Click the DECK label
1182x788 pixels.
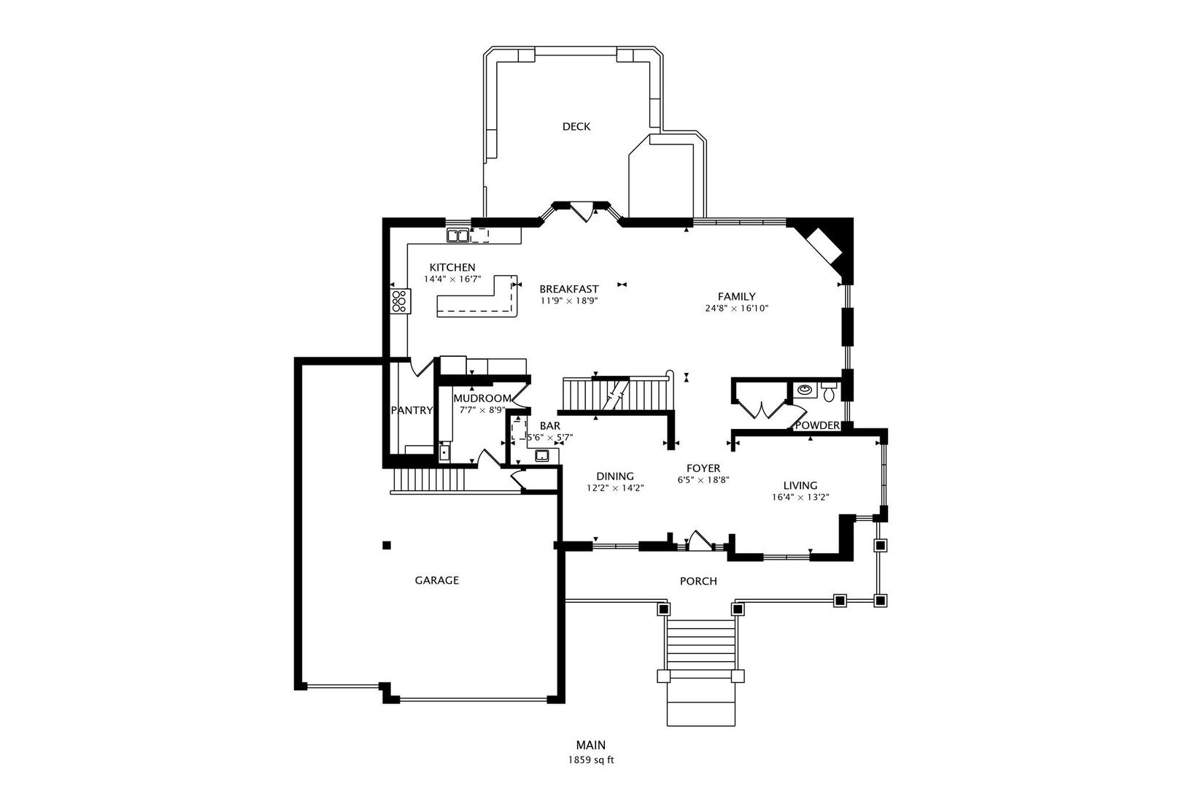pyautogui.click(x=576, y=127)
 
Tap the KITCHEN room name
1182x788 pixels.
pyautogui.click(x=452, y=268)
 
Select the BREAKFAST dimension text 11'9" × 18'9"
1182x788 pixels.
pyautogui.click(x=569, y=301)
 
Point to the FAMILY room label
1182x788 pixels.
pyautogui.click(x=737, y=297)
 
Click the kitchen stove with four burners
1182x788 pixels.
pyautogui.click(x=400, y=301)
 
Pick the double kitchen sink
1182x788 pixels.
pyautogui.click(x=458, y=236)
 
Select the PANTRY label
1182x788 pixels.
pyautogui.click(x=412, y=411)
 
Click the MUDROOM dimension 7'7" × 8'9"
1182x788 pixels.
pyautogui.click(x=482, y=409)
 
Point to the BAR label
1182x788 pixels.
pyautogui.click(x=550, y=426)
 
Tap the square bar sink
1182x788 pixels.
pyautogui.click(x=542, y=455)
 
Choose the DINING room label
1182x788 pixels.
pyautogui.click(x=615, y=476)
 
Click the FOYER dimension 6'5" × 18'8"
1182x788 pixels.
pyautogui.click(x=703, y=480)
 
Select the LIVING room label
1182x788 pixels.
pyautogui.click(x=800, y=486)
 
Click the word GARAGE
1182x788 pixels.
pyautogui.click(x=436, y=581)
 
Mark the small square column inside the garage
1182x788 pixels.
pyautogui.click(x=387, y=545)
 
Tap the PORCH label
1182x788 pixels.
pyautogui.click(x=698, y=582)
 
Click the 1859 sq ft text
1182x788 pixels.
pyautogui.click(x=591, y=760)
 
